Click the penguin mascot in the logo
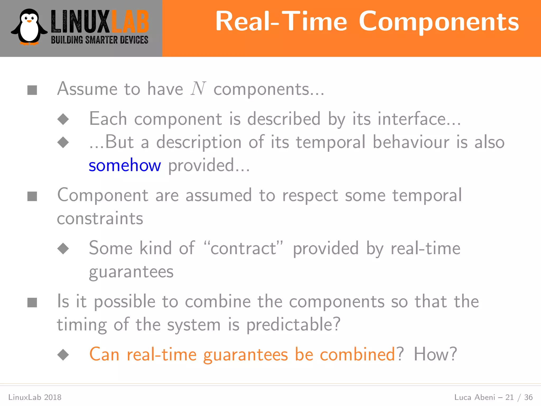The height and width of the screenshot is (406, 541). (x=29, y=27)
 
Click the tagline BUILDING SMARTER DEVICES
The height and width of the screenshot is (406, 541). (x=100, y=40)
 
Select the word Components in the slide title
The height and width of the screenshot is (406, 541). (x=439, y=22)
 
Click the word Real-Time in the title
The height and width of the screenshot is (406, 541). (x=281, y=22)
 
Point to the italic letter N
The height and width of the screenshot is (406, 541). (x=198, y=89)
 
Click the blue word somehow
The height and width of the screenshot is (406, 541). (x=125, y=166)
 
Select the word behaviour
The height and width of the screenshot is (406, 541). (x=411, y=142)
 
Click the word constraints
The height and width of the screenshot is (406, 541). (x=100, y=219)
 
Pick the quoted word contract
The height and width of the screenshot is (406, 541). (x=243, y=248)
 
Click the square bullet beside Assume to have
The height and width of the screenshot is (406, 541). (x=32, y=90)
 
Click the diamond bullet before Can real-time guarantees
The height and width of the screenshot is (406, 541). (x=63, y=355)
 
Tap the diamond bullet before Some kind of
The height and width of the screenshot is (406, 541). (x=63, y=248)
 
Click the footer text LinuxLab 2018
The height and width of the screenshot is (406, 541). (x=35, y=397)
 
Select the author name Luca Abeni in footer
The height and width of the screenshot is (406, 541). (x=474, y=397)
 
